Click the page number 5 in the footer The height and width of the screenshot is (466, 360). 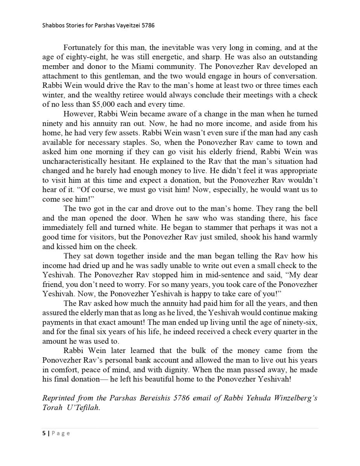(44, 433)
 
